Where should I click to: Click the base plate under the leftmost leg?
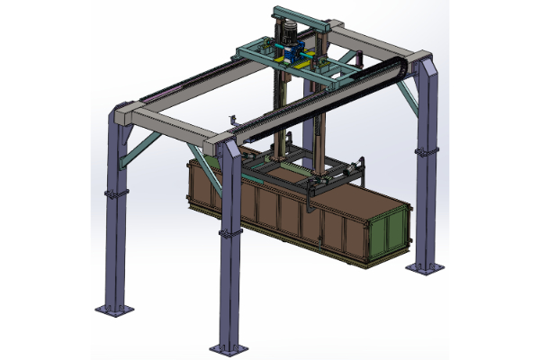(x=115, y=309)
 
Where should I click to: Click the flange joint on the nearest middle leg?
(x=230, y=232)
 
